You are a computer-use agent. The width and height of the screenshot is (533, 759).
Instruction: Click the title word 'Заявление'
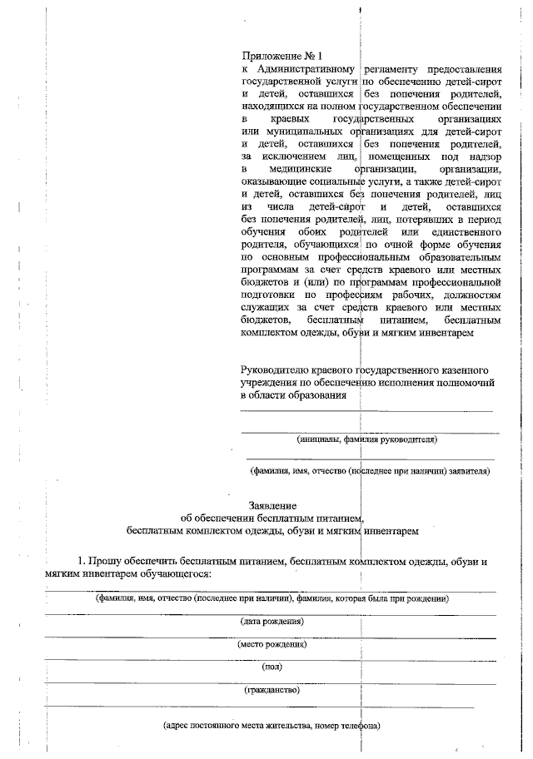272,505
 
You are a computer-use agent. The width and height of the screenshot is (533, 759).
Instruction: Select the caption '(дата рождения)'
271,622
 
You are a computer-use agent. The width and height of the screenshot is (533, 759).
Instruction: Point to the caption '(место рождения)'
271,644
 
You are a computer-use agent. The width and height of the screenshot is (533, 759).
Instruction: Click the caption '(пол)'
272,667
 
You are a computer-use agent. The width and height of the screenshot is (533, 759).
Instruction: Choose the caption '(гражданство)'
271,689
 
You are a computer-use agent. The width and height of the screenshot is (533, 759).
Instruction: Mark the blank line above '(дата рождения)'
271,614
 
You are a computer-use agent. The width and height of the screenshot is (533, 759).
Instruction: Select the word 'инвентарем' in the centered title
389,529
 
